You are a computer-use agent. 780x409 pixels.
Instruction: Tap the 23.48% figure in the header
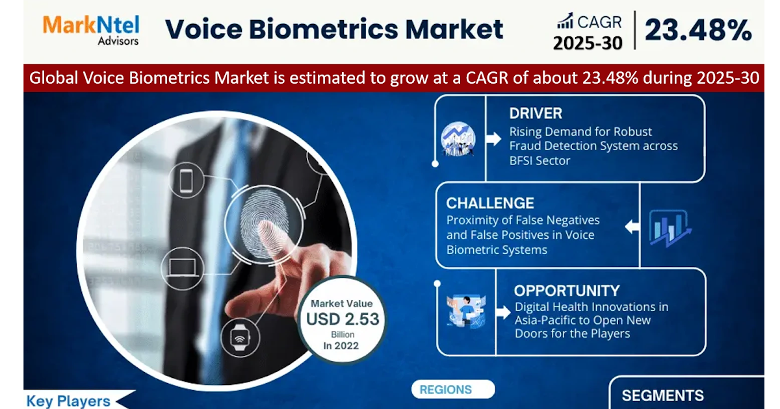(698, 31)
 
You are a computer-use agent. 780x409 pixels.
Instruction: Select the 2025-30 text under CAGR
(588, 43)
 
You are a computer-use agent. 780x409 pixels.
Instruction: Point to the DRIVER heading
(536, 113)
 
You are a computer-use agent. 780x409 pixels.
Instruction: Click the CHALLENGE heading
(490, 203)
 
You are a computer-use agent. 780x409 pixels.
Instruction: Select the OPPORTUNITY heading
(566, 290)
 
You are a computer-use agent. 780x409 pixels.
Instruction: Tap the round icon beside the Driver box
(458, 138)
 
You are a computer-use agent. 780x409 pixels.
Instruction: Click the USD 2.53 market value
(342, 319)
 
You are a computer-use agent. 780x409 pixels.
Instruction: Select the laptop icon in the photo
(177, 266)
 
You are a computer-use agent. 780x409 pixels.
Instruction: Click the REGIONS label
(445, 390)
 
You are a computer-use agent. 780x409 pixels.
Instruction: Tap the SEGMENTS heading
(662, 395)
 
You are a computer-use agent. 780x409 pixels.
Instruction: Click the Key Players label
(68, 401)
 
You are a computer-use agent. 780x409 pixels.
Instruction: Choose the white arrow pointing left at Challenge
(631, 227)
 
